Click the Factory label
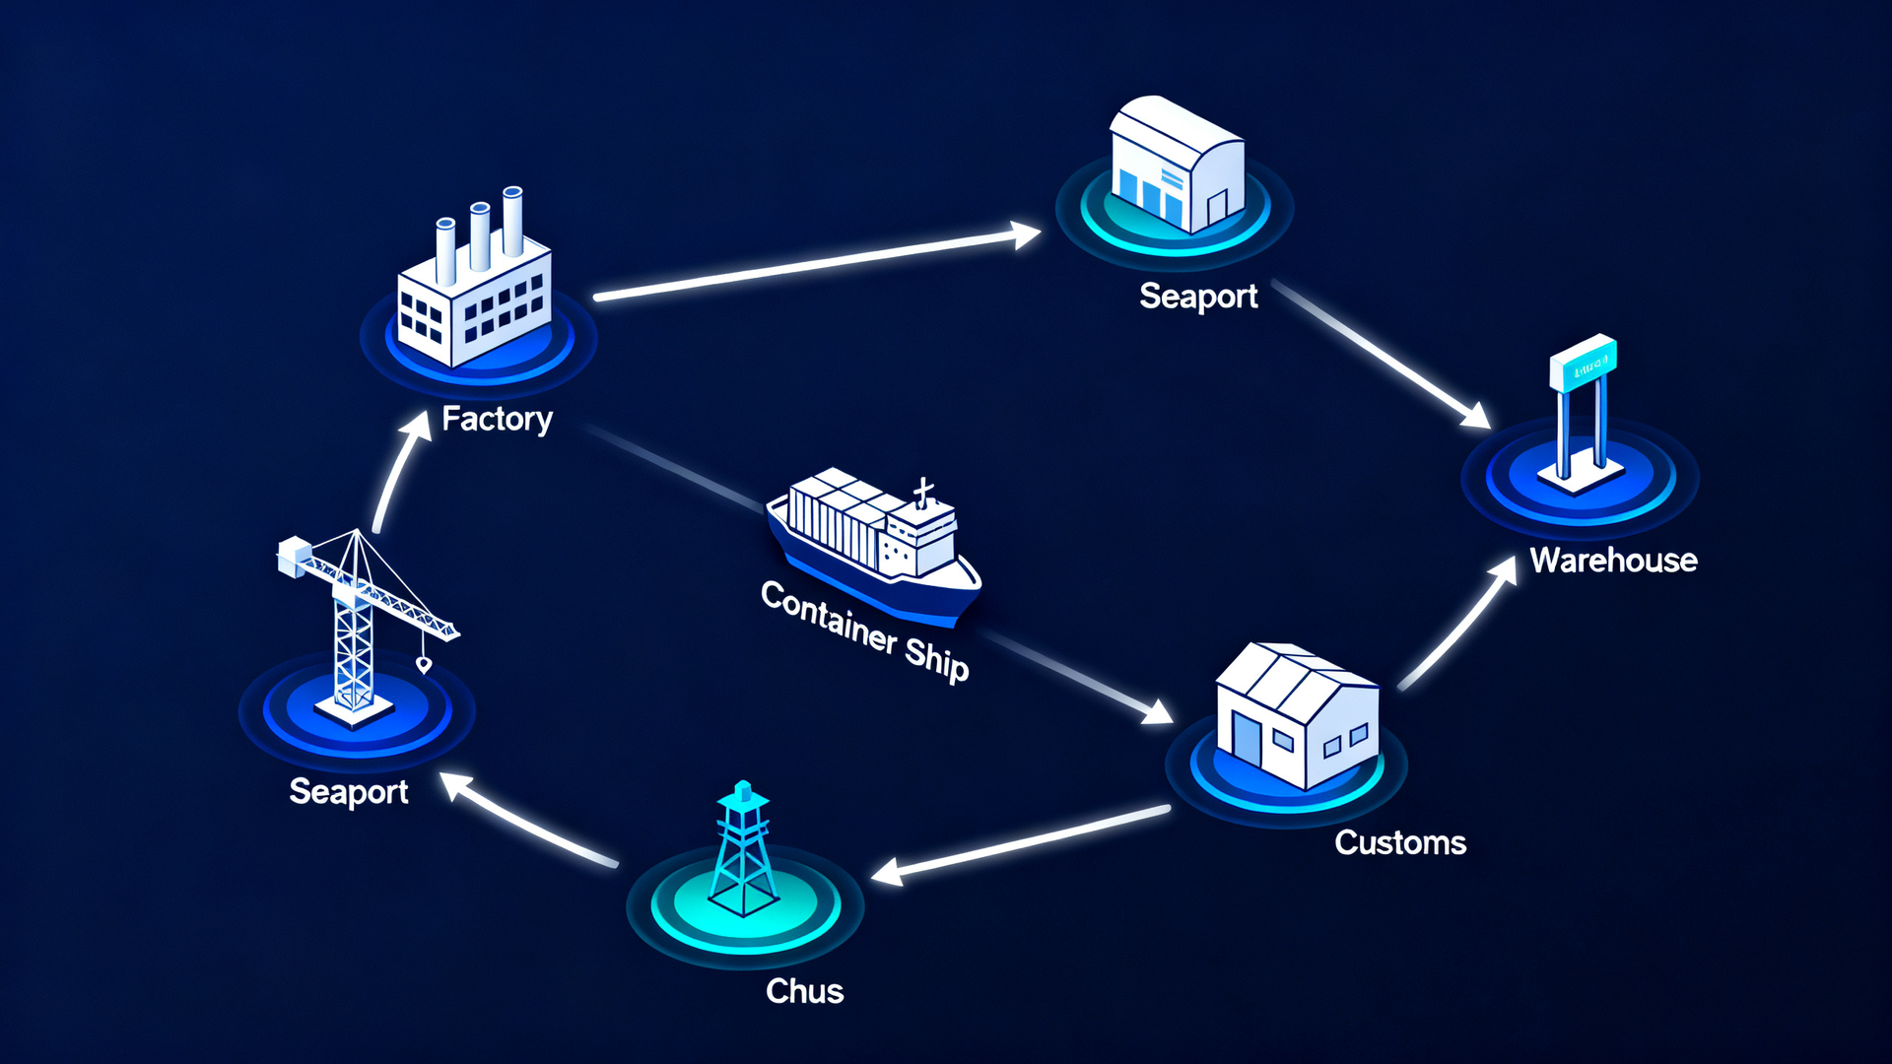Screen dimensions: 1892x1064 [497, 419]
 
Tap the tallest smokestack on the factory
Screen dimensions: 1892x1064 [512, 222]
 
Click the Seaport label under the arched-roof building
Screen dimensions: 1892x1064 [1198, 297]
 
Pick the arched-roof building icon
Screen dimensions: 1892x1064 [1177, 165]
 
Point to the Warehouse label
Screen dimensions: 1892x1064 [1613, 561]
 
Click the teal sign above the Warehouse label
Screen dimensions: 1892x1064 [1583, 362]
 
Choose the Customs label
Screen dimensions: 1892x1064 [1400, 843]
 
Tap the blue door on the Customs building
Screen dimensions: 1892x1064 [1246, 739]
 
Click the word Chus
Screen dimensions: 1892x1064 [804, 991]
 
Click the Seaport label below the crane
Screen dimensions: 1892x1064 [349, 792]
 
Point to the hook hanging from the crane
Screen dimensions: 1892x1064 [424, 665]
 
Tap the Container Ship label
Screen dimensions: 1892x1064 [865, 632]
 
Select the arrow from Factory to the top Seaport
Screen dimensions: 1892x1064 [817, 264]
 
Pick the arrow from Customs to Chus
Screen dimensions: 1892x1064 [1021, 843]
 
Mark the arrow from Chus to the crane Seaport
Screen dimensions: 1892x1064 [528, 820]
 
